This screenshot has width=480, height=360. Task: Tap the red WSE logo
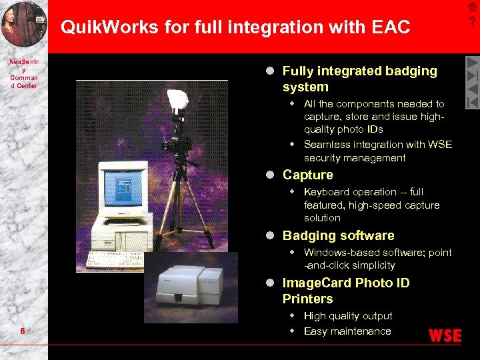click(445, 335)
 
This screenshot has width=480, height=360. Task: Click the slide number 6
click(23, 331)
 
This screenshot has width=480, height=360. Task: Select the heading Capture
click(307, 175)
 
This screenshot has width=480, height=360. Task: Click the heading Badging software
click(338, 235)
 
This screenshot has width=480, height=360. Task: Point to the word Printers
click(307, 299)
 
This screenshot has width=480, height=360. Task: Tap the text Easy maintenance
click(347, 331)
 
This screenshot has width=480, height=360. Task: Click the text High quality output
click(348, 316)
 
